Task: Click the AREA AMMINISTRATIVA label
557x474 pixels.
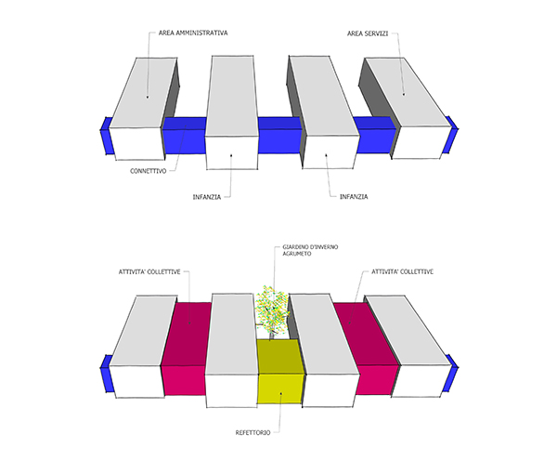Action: coord(193,33)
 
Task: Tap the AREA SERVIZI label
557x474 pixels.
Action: coord(368,33)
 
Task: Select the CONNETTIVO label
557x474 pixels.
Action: coord(149,171)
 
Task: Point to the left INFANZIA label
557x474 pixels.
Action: coord(207,197)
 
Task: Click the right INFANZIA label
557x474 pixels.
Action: coord(354,197)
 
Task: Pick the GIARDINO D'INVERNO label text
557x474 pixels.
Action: coord(310,247)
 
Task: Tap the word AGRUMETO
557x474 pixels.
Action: coord(297,254)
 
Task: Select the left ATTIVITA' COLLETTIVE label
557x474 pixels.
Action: coord(149,272)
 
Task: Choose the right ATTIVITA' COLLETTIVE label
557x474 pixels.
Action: coord(403,271)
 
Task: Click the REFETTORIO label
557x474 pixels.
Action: coord(253,433)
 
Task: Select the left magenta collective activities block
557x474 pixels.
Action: coord(186,349)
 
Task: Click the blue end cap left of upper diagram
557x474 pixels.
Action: coord(107,136)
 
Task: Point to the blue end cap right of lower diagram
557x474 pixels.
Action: coord(450,373)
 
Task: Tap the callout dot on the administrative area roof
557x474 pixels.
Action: coord(148,97)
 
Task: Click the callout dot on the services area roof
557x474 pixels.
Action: coord(404,94)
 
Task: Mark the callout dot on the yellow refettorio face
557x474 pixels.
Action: coord(280,393)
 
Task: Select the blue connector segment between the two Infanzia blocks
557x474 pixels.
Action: coord(280,135)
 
